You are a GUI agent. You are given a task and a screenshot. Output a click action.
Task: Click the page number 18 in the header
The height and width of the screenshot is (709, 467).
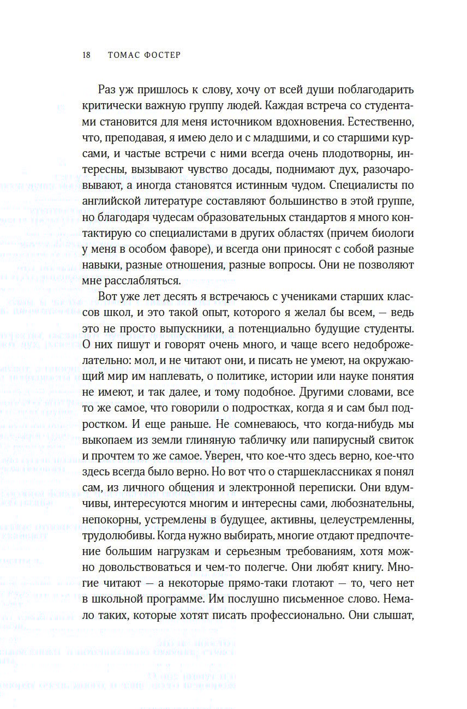click(86, 55)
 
